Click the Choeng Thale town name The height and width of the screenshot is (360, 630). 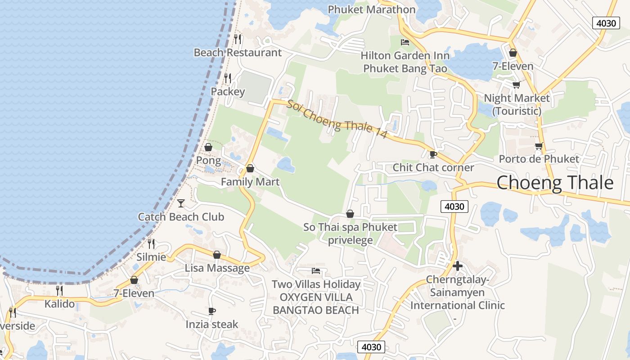coord(555,183)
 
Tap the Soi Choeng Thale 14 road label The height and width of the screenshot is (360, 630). coord(337,119)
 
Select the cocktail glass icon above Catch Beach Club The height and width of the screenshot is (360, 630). coord(181,203)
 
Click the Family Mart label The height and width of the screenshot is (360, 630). coord(250,182)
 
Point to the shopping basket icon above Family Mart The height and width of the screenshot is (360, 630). coord(250,169)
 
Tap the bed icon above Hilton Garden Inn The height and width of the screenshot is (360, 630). coord(405,42)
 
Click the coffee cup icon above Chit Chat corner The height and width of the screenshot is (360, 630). coord(433,154)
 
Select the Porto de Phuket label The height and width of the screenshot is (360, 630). coord(539,159)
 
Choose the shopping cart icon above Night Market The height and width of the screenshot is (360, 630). coord(517,85)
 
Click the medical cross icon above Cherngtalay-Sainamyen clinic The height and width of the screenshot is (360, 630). coord(458,266)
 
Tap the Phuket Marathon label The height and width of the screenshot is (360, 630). coord(371,9)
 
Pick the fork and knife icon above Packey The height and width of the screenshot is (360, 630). coord(228,78)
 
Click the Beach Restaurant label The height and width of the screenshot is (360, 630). coord(238,53)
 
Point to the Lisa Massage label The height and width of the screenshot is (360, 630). coord(217,268)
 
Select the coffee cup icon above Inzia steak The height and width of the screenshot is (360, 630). coord(212,311)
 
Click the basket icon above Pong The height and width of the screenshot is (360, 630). coord(208,147)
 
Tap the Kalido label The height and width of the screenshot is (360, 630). coord(59,304)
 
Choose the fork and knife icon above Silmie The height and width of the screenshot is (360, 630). coord(151,244)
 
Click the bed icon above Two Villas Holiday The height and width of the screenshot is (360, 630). coord(316,271)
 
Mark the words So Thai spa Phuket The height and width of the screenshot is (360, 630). coord(350,227)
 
